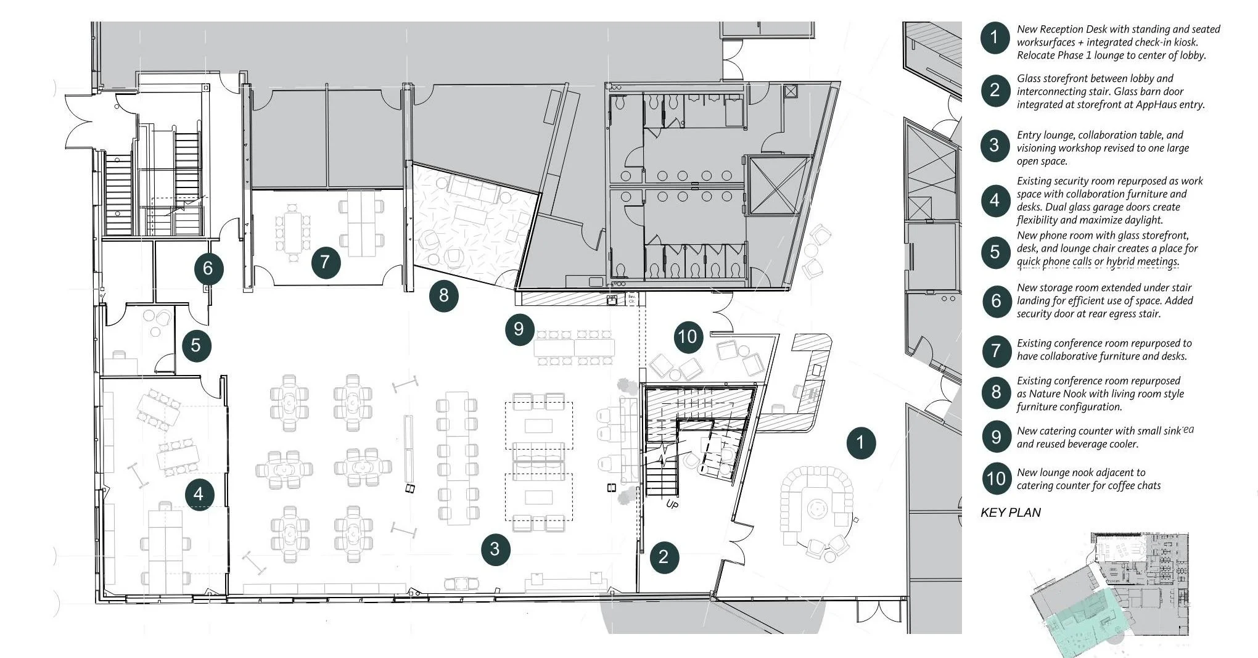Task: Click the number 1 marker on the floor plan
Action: [861, 443]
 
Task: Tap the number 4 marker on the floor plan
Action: [199, 494]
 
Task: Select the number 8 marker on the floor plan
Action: [444, 295]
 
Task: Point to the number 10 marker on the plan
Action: [687, 337]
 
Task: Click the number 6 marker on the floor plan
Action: [208, 268]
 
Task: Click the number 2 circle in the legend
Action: [995, 91]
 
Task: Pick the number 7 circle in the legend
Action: [995, 350]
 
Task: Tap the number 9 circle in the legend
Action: [995, 437]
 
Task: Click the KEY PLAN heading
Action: [1011, 512]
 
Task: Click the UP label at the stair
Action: [672, 504]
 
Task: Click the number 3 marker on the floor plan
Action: [495, 549]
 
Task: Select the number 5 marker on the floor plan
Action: [196, 345]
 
